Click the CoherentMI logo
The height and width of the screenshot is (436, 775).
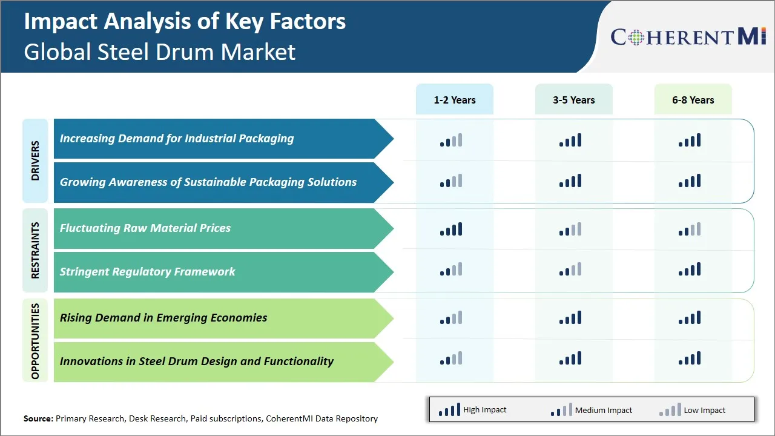coord(688,37)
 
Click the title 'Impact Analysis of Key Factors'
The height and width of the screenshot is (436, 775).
coord(185,21)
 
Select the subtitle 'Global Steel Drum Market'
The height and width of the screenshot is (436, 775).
coord(160,52)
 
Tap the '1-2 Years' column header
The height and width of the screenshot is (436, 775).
coord(454,100)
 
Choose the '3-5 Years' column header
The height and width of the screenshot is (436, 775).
coord(573,100)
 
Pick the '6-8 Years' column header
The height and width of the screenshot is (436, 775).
coord(693,100)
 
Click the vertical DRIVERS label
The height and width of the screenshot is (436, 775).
coord(35,160)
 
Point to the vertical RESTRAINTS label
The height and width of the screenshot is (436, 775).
coord(35,250)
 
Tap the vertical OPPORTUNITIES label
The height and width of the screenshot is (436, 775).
coord(35,340)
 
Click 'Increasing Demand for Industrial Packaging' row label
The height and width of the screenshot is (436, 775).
coord(177,139)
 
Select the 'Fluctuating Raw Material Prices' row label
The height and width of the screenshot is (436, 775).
coord(145,228)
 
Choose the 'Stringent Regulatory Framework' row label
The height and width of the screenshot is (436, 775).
coord(147,272)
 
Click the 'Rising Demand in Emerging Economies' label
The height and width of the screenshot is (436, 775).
coord(163,318)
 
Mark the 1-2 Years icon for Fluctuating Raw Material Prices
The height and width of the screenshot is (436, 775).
coord(451,229)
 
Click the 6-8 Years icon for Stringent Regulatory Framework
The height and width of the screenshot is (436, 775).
coord(690,269)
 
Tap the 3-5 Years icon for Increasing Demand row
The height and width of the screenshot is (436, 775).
coord(570,140)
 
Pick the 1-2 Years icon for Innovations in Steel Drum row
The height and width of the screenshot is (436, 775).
coord(451,358)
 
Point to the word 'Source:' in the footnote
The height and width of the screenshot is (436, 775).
coord(38,418)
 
